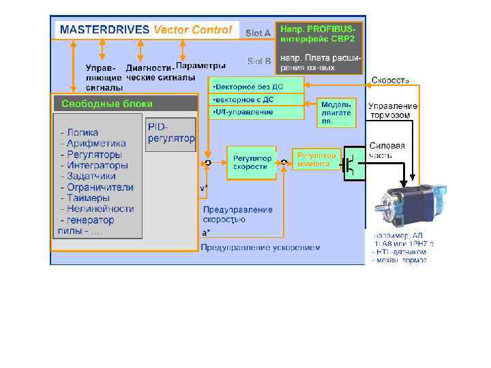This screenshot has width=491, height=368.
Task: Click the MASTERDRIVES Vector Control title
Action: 146,30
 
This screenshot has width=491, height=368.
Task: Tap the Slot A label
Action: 258,33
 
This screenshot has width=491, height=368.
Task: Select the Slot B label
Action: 259,61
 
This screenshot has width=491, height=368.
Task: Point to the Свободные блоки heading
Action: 107,104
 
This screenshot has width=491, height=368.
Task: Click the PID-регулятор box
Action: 170,134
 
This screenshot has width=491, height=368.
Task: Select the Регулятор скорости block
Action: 252,162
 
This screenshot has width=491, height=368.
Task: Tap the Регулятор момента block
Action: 316,159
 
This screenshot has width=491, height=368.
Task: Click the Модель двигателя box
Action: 336,112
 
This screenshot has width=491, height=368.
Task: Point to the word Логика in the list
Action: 82,132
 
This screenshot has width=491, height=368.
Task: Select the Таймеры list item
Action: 87,198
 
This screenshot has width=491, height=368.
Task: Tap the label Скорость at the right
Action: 390,80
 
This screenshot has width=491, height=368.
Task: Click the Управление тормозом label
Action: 393,110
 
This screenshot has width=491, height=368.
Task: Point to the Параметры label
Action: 200,66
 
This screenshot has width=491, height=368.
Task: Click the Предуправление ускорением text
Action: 260,247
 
